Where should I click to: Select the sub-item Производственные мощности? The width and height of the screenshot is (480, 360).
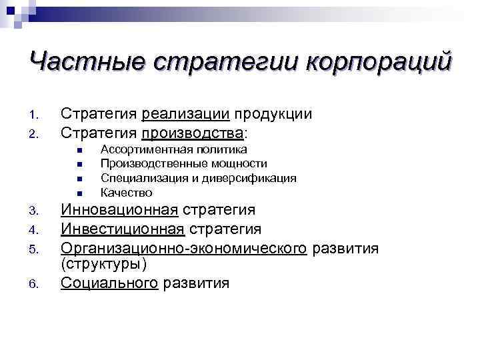pyautogui.click(x=183, y=163)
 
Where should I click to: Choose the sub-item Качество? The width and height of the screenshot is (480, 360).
pyautogui.click(x=126, y=193)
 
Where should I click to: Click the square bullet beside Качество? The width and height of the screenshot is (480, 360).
pyautogui.click(x=79, y=193)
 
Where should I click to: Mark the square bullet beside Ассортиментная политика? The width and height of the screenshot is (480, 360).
pyautogui.click(x=79, y=150)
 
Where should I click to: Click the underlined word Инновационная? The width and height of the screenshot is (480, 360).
pyautogui.click(x=119, y=211)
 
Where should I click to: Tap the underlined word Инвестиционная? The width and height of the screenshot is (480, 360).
pyautogui.click(x=123, y=229)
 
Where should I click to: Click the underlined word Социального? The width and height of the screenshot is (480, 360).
pyautogui.click(x=109, y=283)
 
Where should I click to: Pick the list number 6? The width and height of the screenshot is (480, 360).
pyautogui.click(x=36, y=285)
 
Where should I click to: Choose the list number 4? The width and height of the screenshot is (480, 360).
pyautogui.click(x=36, y=231)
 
